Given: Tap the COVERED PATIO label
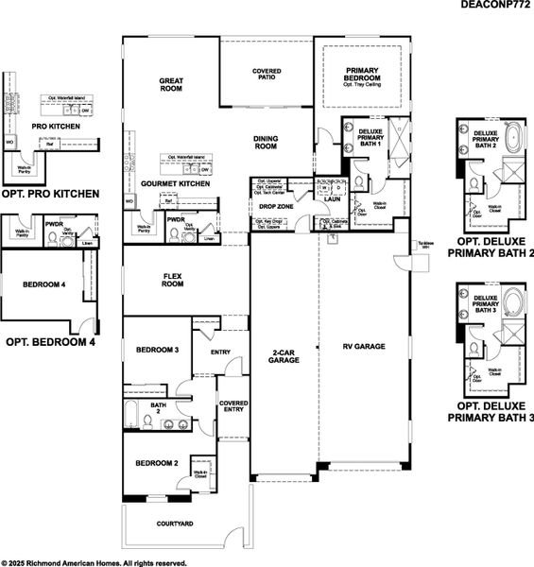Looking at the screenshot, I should pyautogui.click(x=267, y=76).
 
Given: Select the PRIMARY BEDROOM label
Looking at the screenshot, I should pyautogui.click(x=361, y=75).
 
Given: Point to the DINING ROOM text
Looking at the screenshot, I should pyautogui.click(x=266, y=142).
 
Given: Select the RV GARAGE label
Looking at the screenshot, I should pyautogui.click(x=364, y=347).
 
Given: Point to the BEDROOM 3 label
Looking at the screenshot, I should pyautogui.click(x=157, y=351).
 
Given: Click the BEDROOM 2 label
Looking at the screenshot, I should pyautogui.click(x=157, y=463).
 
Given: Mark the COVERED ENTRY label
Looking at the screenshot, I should pyautogui.click(x=233, y=406).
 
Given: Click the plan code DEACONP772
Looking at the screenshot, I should pyautogui.click(x=495, y=6).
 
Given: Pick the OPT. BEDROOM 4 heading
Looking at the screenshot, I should pyautogui.click(x=51, y=342).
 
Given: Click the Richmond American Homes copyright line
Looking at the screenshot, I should pyautogui.click(x=87, y=561).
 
